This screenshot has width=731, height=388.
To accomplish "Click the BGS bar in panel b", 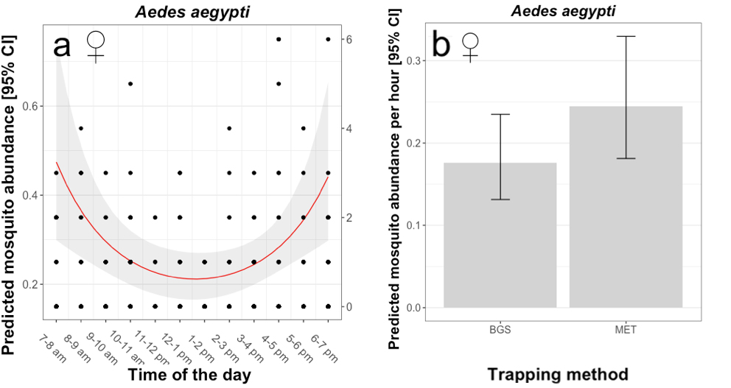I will click(500, 235).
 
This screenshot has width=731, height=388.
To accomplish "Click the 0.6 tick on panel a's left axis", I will click(35, 106).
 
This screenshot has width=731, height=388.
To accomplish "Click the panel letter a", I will click(62, 46).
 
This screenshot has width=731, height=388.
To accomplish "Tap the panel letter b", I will click(440, 44).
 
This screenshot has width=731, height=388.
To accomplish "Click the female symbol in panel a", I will click(96, 44).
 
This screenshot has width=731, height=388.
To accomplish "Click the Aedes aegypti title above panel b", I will click(563, 10).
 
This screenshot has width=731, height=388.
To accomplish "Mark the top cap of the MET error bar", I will click(626, 36).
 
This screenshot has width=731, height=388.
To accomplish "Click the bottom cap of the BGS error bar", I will click(500, 200).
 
